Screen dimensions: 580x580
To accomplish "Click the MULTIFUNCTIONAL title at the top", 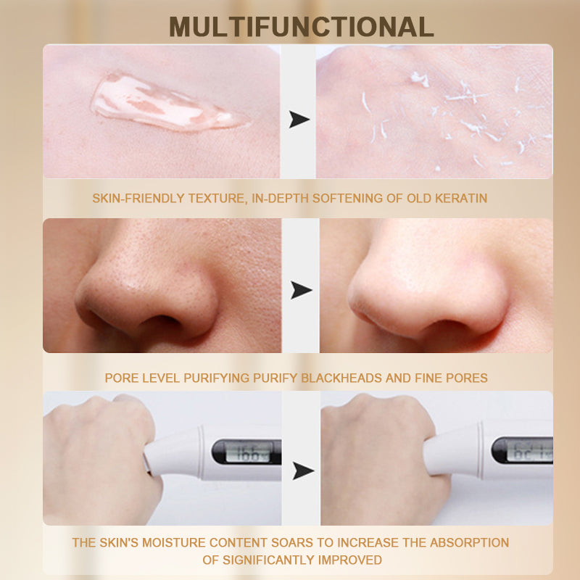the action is tap(301, 27).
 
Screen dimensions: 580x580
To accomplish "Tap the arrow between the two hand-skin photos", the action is tap(299, 119).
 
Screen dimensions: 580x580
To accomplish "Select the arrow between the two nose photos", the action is tap(301, 290).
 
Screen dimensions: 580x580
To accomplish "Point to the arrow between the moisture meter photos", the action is tap(303, 471).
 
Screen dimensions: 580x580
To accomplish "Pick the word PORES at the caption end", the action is tap(466, 378).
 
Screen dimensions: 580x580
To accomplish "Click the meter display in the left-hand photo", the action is tap(248, 452).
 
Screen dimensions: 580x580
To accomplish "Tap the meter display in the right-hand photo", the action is tap(530, 450).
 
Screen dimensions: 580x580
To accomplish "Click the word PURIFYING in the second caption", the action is tap(216, 378).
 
